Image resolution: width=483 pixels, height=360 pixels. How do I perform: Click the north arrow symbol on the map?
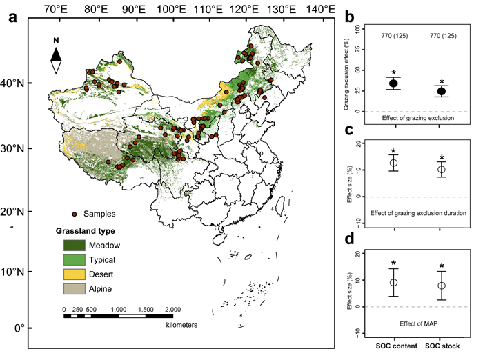(57, 56)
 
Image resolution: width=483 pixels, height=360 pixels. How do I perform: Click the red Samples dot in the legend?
(74, 214)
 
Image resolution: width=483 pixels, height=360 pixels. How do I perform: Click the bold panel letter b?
(350, 16)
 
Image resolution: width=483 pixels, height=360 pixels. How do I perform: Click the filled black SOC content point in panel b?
(393, 83)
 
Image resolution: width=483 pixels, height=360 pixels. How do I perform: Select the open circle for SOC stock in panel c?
(442, 169)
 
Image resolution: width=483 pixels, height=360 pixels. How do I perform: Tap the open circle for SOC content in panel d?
(393, 282)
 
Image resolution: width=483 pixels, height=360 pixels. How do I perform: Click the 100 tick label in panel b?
(358, 29)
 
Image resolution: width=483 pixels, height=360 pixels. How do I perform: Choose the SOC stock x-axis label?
(442, 345)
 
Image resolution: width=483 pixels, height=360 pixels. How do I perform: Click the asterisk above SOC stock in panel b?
(442, 80)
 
